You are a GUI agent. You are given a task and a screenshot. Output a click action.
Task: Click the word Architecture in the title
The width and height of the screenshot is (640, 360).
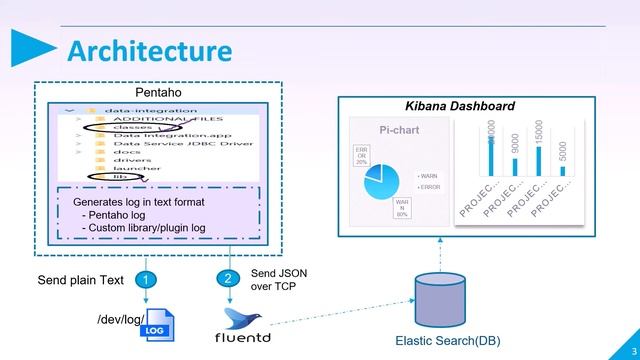tap(150, 50)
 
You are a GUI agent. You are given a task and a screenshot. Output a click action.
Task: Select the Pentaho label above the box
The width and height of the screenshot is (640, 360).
tap(158, 92)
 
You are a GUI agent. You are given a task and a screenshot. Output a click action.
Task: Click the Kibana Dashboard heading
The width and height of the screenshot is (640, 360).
tap(459, 106)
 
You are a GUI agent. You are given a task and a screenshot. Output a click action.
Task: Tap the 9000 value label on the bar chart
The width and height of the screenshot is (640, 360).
tap(515, 143)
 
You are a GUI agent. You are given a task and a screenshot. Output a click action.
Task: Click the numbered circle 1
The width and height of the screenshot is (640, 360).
tap(145, 280)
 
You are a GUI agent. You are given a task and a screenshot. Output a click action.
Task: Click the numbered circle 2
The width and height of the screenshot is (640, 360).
tap(229, 278)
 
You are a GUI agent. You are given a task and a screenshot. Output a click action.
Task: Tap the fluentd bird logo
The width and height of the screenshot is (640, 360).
tap(244, 319)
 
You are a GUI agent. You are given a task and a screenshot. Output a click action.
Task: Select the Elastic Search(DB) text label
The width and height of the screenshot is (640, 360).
tap(448, 341)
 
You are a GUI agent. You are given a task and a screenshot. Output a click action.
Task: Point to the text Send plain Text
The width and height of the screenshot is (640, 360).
tap(81, 280)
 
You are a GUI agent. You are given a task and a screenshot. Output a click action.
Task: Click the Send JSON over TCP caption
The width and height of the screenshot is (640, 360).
tap(273, 279)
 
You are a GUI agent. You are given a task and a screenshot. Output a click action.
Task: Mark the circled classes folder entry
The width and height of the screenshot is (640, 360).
tap(133, 128)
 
